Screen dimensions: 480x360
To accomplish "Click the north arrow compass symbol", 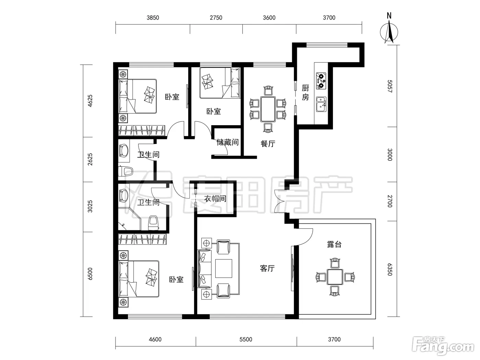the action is pyautogui.click(x=389, y=32).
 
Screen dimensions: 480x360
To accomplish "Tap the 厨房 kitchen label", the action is pyautogui.click(x=305, y=93).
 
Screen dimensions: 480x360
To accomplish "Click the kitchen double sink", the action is pyautogui.click(x=321, y=104).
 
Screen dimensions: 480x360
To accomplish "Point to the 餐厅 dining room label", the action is pyautogui.click(x=268, y=144).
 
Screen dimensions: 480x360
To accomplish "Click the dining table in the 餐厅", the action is pyautogui.click(x=268, y=109).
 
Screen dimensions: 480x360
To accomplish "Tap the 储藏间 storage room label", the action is pyautogui.click(x=227, y=142).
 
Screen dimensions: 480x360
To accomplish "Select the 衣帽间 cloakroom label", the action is pyautogui.click(x=215, y=199).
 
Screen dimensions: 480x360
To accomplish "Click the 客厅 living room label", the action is pyautogui.click(x=267, y=268).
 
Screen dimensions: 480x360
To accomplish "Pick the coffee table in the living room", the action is pyautogui.click(x=224, y=268).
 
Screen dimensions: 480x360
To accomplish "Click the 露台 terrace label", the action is pyautogui.click(x=334, y=244).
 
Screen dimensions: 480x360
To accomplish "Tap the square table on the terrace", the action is pyautogui.click(x=335, y=277).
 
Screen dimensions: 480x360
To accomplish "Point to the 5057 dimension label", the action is pyautogui.click(x=390, y=86).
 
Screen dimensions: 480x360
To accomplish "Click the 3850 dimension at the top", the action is pyautogui.click(x=153, y=18).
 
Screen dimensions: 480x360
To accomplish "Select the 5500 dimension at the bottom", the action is pyautogui.click(x=246, y=339).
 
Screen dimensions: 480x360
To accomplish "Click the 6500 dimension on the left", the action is pyautogui.click(x=90, y=274).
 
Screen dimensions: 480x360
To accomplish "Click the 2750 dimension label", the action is pyautogui.click(x=216, y=18).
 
